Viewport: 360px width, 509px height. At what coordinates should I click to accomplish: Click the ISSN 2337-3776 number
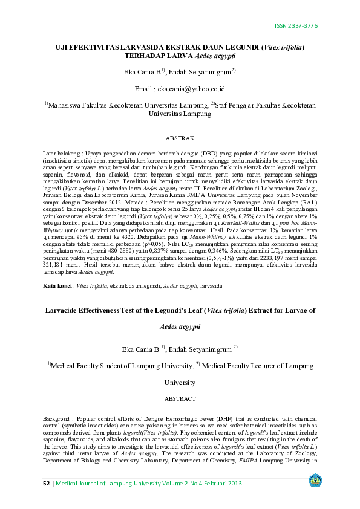pyautogui.click(x=296, y=26)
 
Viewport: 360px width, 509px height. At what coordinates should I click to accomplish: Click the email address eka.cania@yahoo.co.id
pyautogui.click(x=192, y=88)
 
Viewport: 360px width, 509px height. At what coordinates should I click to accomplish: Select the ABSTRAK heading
pyautogui.click(x=180, y=138)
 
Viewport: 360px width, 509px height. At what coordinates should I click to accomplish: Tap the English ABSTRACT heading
pyautogui.click(x=180, y=398)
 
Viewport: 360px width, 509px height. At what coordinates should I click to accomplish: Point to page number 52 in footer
pyautogui.click(x=47, y=483)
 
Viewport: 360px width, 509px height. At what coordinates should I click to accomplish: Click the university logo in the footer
pyautogui.click(x=316, y=481)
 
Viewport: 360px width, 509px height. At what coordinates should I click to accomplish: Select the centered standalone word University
pyautogui.click(x=180, y=383)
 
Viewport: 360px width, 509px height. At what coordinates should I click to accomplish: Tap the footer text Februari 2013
pyautogui.click(x=222, y=483)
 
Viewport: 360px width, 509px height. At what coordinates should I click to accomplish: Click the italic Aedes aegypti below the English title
pyautogui.click(x=180, y=326)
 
